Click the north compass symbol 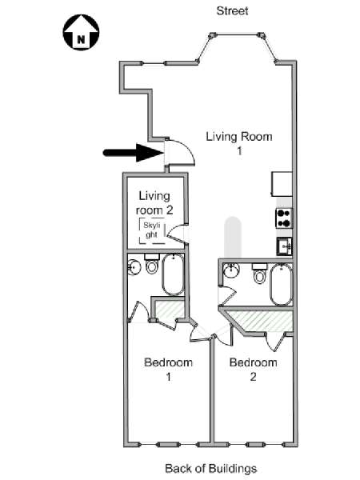coord(81,32)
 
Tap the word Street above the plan coord(232,10)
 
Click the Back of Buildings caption coord(211,468)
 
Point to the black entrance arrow coord(133,153)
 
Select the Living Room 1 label coord(239,143)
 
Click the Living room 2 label coord(154,203)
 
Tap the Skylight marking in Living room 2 coord(152,230)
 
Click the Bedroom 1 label coord(168,369)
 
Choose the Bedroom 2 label coord(253,369)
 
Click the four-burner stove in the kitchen coord(284,218)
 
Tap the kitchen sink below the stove coord(284,246)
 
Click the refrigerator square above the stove coord(282,184)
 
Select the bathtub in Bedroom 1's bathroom coord(173,274)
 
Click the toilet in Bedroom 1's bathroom coord(151,264)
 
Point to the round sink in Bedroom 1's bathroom coord(134,267)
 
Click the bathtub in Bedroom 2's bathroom coord(282,284)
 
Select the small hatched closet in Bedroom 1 coord(170,310)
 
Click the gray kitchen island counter coord(233,238)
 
